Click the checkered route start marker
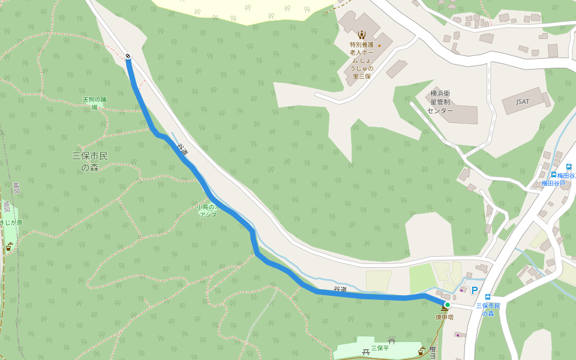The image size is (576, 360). (128, 56)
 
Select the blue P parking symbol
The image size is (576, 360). (475, 291)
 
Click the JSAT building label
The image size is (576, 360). (523, 102)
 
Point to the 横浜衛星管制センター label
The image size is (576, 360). (440, 102)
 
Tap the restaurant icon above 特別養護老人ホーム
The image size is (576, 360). (361, 34)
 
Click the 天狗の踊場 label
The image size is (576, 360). (94, 103)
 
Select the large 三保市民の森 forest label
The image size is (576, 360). (90, 161)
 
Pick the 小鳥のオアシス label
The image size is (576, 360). (211, 211)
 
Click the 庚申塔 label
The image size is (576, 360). (444, 316)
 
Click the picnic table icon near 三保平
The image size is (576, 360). (365, 352)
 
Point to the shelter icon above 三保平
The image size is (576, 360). (391, 341)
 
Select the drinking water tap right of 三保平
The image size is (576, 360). (422, 351)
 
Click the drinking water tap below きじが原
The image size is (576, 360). (9, 246)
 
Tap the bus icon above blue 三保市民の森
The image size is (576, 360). (487, 296)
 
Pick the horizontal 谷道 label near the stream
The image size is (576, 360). (340, 289)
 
